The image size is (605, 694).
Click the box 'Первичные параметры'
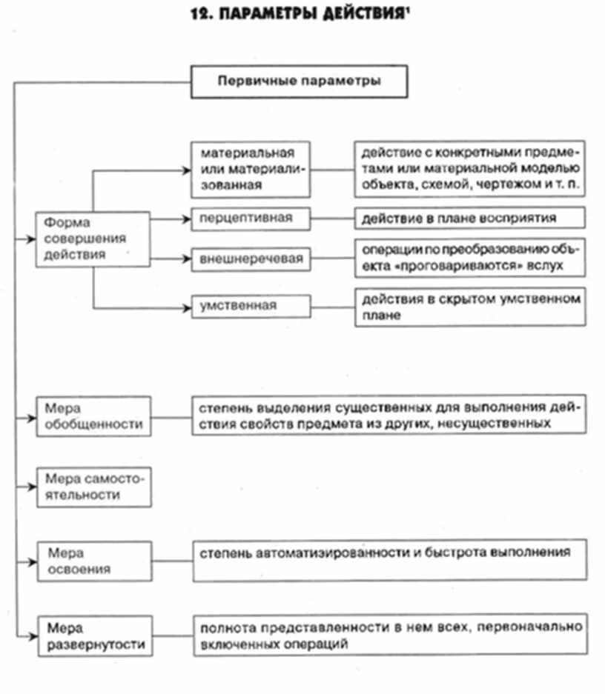[299, 82]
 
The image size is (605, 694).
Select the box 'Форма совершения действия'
[93, 238]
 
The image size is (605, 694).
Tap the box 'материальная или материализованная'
[249, 170]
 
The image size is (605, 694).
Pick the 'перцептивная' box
[249, 218]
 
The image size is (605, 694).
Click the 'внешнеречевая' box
[249, 259]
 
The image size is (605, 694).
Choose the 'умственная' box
[249, 304]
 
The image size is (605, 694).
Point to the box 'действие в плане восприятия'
[469, 218]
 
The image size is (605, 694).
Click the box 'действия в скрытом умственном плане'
[469, 307]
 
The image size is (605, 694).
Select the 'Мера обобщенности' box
[93, 416]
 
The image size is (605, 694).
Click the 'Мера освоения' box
[93, 561]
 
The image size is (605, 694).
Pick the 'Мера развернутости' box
[93, 635]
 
